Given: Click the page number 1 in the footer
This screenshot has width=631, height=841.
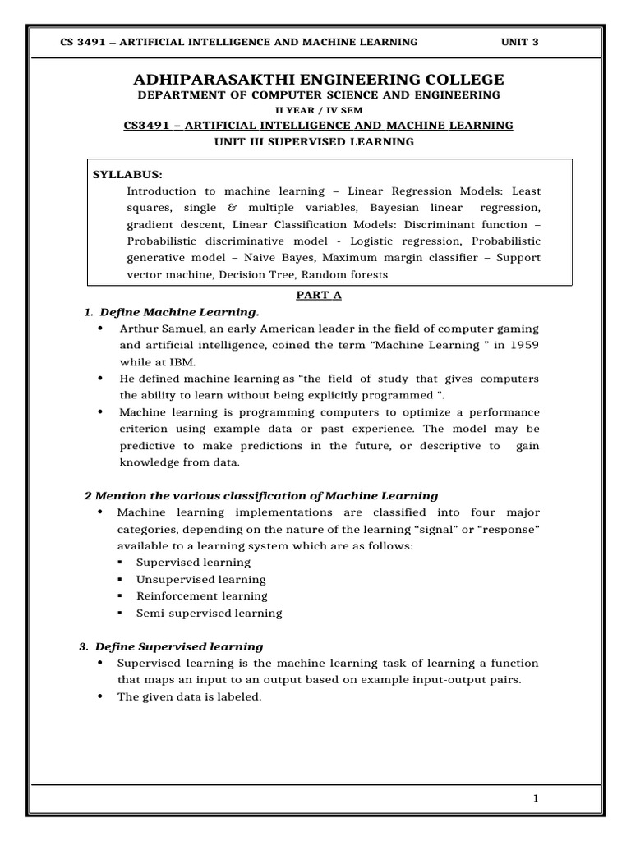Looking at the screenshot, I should pyautogui.click(x=535, y=799).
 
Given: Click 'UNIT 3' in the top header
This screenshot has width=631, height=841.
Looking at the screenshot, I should pyautogui.click(x=520, y=42).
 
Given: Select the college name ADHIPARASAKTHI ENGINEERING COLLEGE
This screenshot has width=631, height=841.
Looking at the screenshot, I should pyautogui.click(x=318, y=79).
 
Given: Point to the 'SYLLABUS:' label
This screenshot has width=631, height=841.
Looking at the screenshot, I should pyautogui.click(x=127, y=175).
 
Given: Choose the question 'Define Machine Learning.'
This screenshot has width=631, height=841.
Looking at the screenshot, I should pyautogui.click(x=179, y=312).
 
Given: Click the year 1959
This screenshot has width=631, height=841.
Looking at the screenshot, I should pyautogui.click(x=523, y=344).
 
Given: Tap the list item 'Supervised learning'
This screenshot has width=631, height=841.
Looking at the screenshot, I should pyautogui.click(x=194, y=563).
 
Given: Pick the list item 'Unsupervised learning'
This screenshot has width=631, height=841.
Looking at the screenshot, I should pyautogui.click(x=201, y=579).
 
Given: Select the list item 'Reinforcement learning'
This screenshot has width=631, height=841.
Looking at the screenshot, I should pyautogui.click(x=202, y=596).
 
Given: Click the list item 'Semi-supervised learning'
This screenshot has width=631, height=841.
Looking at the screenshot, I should pyautogui.click(x=209, y=613).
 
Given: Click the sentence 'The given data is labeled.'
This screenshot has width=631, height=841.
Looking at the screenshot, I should pyautogui.click(x=189, y=696).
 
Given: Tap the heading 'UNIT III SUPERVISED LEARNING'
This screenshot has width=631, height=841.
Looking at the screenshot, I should pyautogui.click(x=314, y=141).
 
